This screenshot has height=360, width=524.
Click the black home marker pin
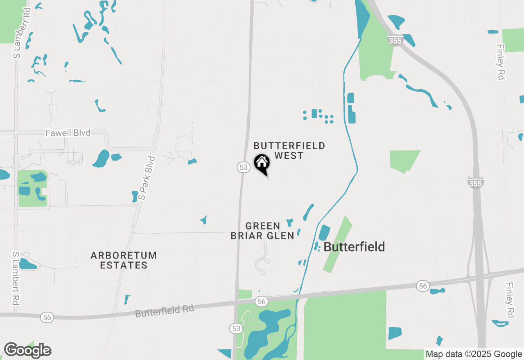(262, 164)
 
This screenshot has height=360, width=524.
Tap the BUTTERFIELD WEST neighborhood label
(289, 151)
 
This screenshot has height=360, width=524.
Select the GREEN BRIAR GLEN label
(262, 231)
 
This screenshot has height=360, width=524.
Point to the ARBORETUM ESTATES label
(124, 260)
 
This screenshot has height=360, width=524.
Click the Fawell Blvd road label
(68, 133)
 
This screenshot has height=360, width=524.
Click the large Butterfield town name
(354, 247)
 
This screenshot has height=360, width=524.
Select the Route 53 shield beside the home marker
(243, 167)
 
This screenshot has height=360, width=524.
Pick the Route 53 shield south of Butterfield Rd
(235, 328)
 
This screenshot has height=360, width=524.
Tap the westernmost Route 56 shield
(47, 317)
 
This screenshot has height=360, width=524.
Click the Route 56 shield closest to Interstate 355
(423, 286)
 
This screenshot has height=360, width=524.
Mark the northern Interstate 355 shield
(395, 40)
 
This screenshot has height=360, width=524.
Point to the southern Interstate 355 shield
(475, 183)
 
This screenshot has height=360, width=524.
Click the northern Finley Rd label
(501, 62)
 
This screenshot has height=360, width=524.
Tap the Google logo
(27, 351)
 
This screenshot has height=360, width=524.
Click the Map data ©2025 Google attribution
(474, 354)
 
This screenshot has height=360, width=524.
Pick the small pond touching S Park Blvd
(135, 197)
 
